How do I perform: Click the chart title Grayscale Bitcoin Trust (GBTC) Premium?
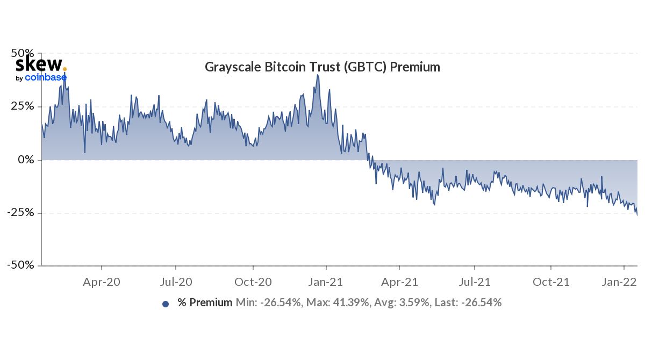pyautogui.click(x=322, y=68)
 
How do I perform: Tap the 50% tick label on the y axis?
pyautogui.click(x=23, y=54)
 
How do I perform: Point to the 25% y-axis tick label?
pyautogui.click(x=23, y=106)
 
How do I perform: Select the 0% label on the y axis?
pyautogui.click(x=26, y=160)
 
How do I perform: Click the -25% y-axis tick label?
pyautogui.click(x=21, y=213)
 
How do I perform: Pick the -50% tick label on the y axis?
pyautogui.click(x=21, y=265)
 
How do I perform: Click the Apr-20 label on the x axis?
pyautogui.click(x=102, y=282)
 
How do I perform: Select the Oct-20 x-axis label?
pyautogui.click(x=253, y=282)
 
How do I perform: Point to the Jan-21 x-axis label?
pyautogui.click(x=326, y=282)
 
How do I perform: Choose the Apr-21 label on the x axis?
pyautogui.click(x=399, y=282)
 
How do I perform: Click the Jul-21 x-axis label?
pyautogui.click(x=475, y=282)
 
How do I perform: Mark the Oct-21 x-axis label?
pyautogui.click(x=551, y=282)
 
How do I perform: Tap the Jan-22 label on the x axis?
pyautogui.click(x=622, y=282)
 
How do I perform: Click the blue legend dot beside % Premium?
pyautogui.click(x=166, y=304)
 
